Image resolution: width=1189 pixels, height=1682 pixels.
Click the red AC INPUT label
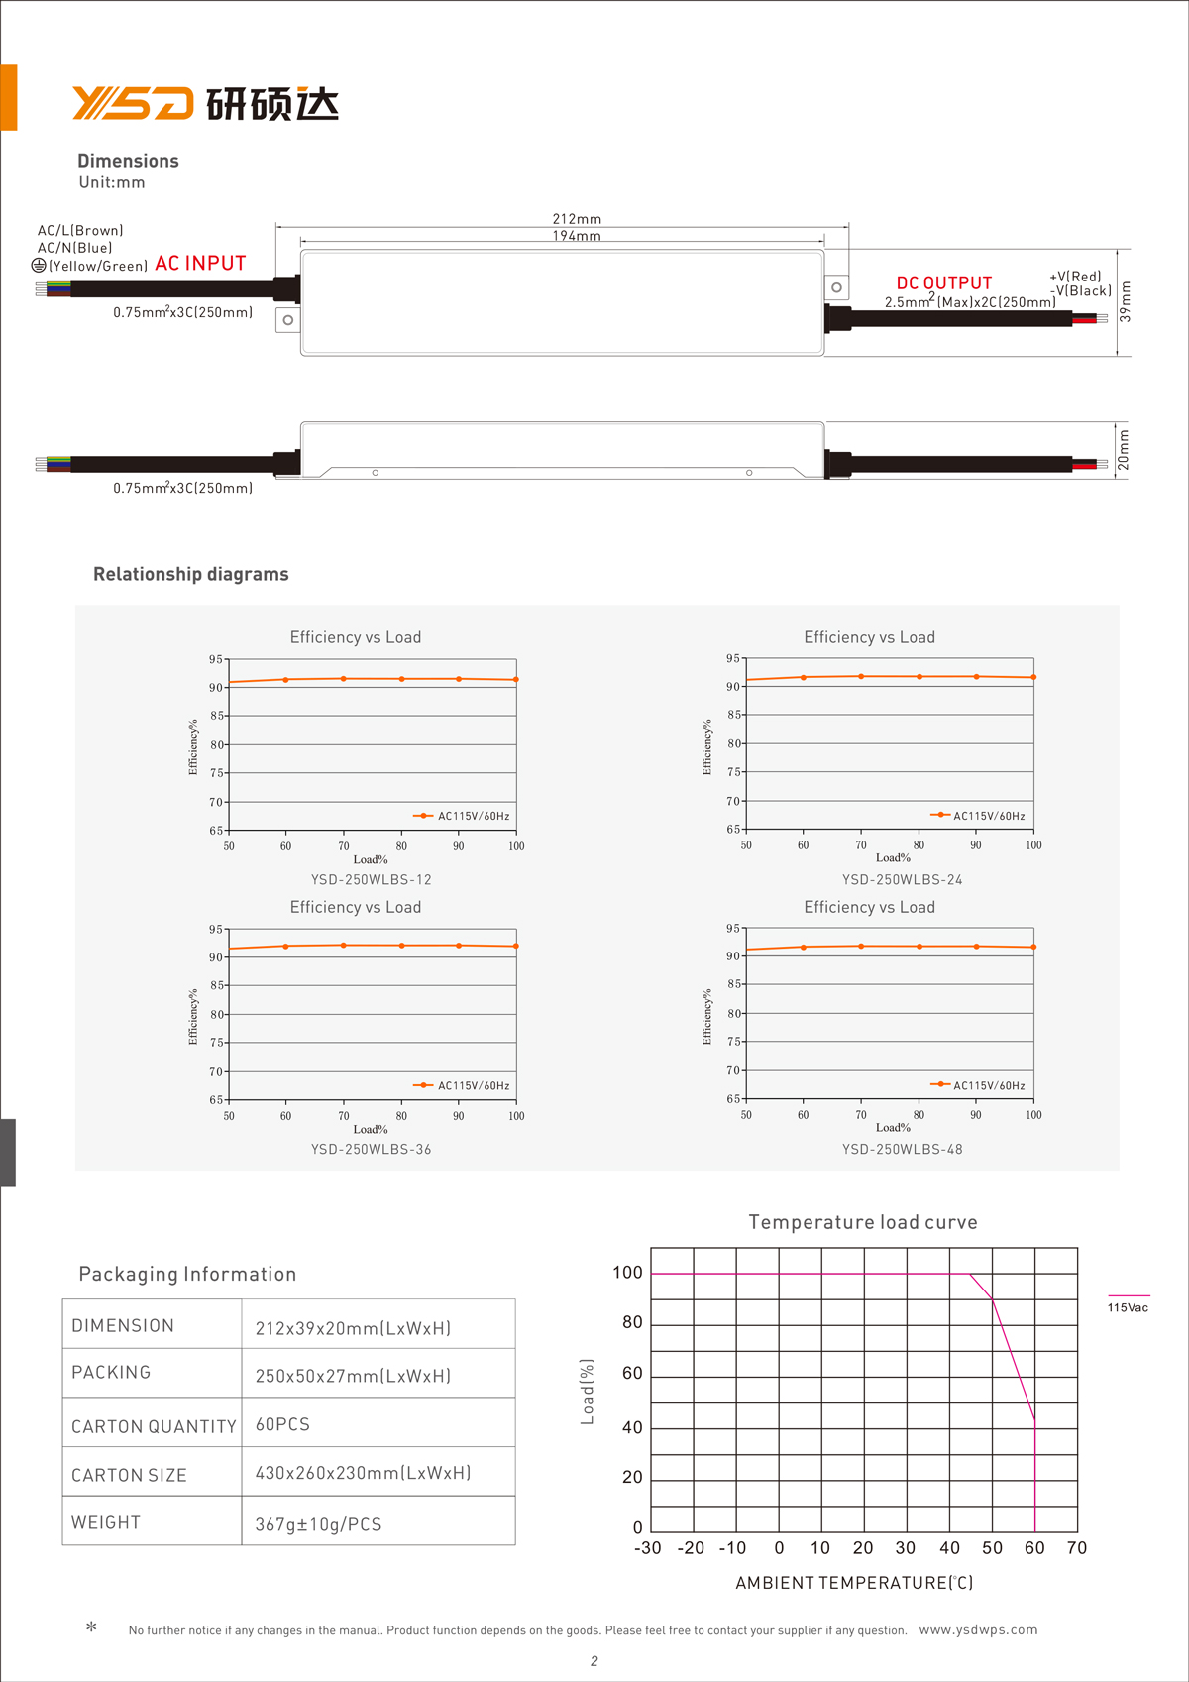200,263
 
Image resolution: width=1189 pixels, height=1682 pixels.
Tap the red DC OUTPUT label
943,282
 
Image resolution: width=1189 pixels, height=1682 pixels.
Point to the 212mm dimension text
577,219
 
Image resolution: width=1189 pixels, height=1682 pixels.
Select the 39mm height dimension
1125,301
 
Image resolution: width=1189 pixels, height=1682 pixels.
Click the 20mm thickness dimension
1124,449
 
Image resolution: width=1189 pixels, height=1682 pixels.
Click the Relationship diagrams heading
191,574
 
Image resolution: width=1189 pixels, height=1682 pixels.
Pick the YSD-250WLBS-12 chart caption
372,879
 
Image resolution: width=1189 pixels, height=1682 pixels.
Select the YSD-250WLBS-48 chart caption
903,1149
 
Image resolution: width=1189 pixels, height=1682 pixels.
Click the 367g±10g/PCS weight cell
318,1524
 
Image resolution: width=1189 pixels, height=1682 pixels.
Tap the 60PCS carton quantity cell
282,1424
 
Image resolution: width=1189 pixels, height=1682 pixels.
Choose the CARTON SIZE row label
129,1475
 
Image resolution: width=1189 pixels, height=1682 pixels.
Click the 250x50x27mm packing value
353,1376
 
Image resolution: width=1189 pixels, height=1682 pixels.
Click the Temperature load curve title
863,1222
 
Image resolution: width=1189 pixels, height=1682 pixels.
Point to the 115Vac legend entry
1128,1307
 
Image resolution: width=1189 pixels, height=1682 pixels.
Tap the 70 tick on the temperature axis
1077,1548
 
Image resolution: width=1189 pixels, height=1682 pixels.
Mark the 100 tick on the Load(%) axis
627,1273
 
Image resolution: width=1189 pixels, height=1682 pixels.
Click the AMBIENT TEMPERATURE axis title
854,1583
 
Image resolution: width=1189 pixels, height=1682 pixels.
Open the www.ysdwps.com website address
978,1629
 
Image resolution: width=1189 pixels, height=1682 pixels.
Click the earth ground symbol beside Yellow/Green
39,265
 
